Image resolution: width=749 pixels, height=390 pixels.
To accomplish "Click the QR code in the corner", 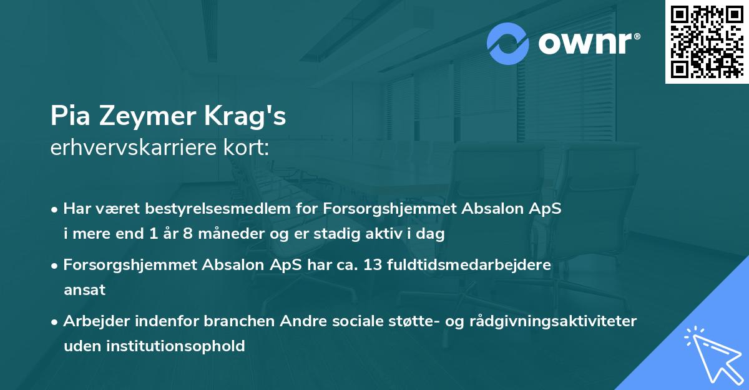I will [707, 42].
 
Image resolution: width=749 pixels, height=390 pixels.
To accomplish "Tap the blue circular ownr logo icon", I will [509, 44].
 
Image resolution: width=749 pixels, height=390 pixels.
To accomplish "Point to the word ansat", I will [84, 290].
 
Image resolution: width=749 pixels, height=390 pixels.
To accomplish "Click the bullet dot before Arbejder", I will [55, 321].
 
